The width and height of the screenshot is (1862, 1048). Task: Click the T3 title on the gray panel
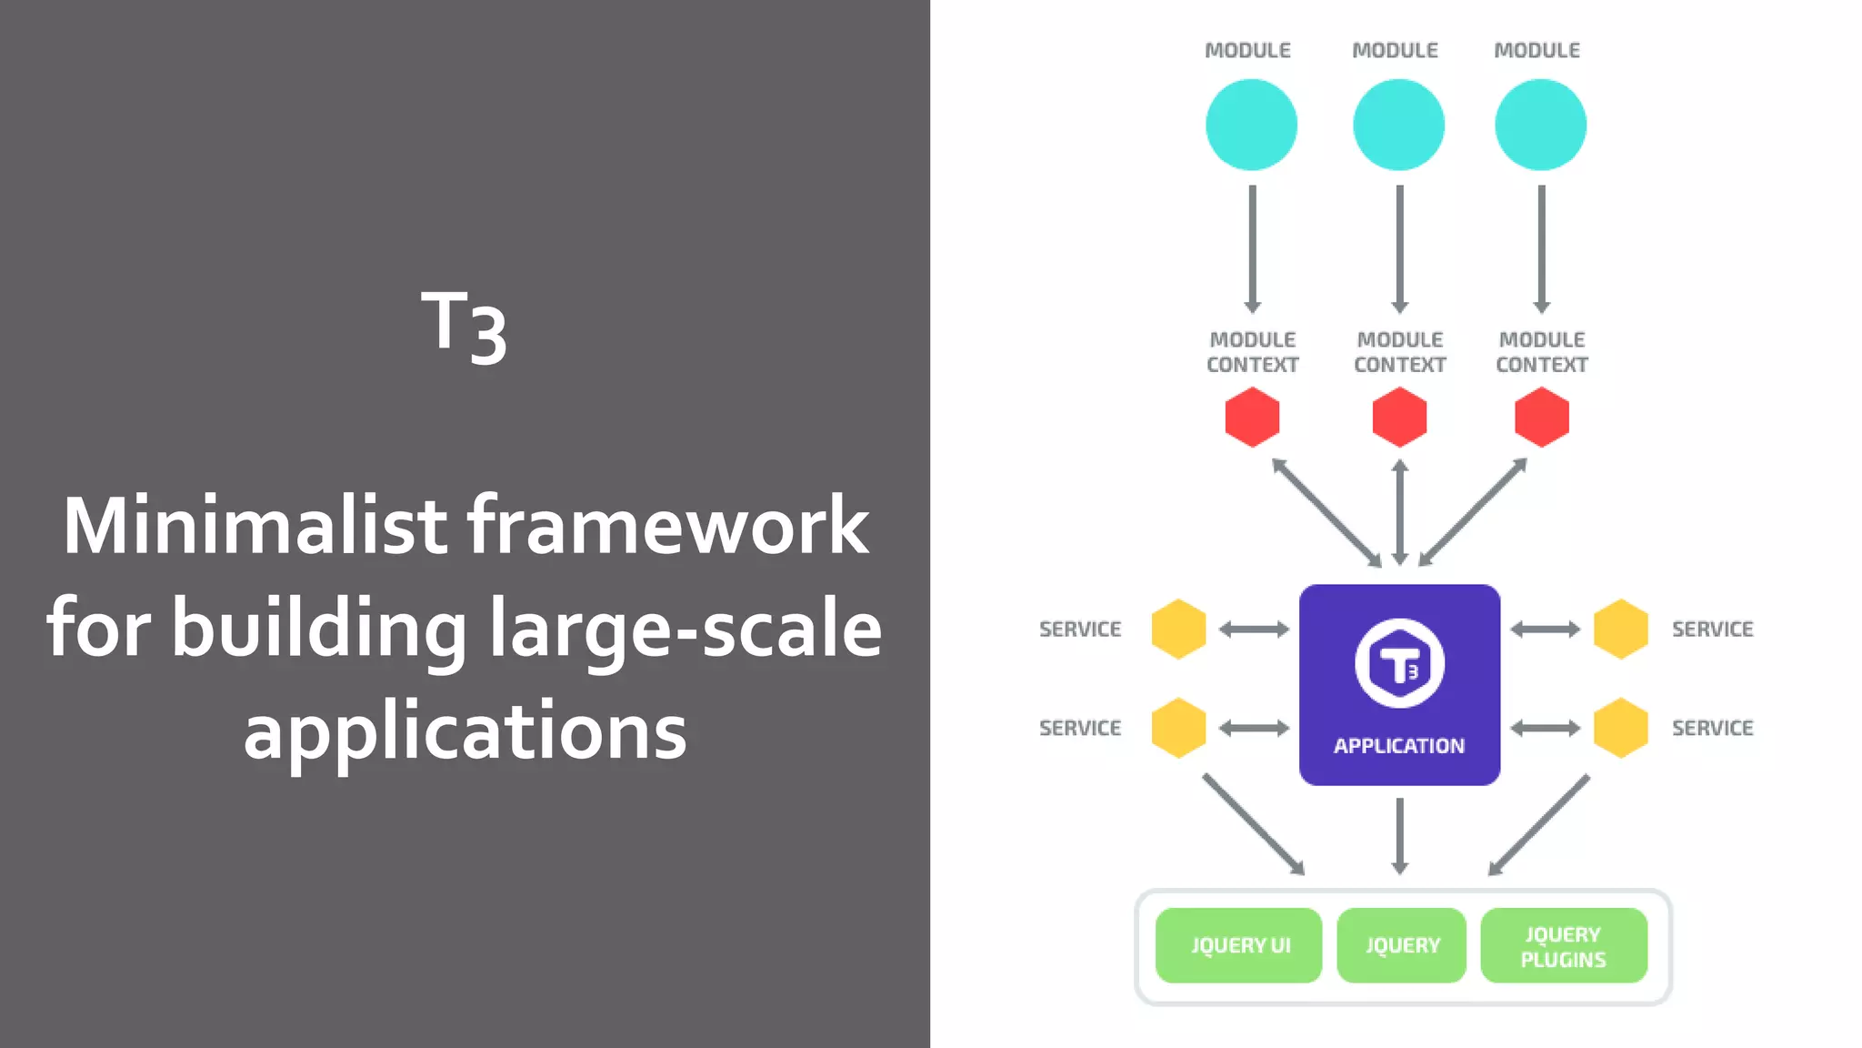tap(464, 326)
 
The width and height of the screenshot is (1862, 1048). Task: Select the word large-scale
tap(686, 628)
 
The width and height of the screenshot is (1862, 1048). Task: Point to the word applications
tap(465, 731)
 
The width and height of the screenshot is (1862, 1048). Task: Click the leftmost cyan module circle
tap(1251, 125)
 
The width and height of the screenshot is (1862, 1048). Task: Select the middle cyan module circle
tap(1398, 125)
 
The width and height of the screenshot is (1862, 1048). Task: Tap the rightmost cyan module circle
tap(1540, 125)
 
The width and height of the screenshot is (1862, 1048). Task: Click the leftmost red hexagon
tap(1252, 418)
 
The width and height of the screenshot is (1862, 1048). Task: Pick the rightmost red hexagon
tap(1542, 418)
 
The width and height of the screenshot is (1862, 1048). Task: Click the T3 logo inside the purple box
tap(1399, 663)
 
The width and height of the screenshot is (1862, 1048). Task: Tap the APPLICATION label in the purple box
tap(1399, 746)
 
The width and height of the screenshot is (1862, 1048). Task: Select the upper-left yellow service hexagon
tap(1178, 629)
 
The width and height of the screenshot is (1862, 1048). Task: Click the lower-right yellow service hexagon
tap(1620, 728)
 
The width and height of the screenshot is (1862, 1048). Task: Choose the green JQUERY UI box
tap(1238, 945)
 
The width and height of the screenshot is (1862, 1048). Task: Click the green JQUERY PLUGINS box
tap(1564, 946)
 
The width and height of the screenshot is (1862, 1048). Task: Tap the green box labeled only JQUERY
tap(1401, 945)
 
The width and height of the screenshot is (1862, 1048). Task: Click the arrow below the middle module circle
tap(1399, 247)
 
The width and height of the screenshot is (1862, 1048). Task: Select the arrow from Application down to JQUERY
tap(1400, 835)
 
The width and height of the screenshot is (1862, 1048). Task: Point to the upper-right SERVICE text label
tap(1712, 629)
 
